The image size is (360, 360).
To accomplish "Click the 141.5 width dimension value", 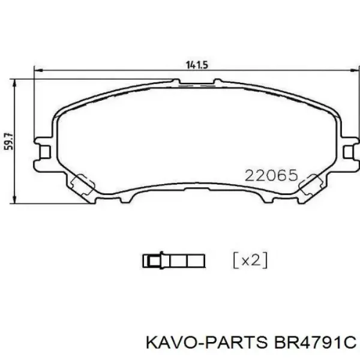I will pyautogui.click(x=196, y=65).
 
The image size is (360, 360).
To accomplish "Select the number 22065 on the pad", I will pyautogui.click(x=271, y=175).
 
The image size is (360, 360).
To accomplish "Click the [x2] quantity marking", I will pyautogui.click(x=250, y=260).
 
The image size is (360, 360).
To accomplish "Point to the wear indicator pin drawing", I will pyautogui.click(x=174, y=260).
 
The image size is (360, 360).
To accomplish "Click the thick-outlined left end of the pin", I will pyautogui.click(x=151, y=260).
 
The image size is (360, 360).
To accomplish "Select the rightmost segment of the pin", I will pyautogui.click(x=196, y=260).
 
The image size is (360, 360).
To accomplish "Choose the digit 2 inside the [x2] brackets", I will pyautogui.click(x=256, y=260).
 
